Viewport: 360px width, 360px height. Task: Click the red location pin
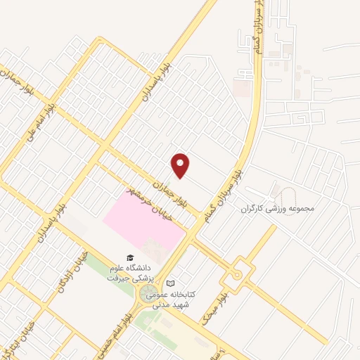tap(181, 165)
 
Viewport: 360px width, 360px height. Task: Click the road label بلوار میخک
tap(214, 302)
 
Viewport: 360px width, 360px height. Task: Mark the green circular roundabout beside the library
tap(148, 294)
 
